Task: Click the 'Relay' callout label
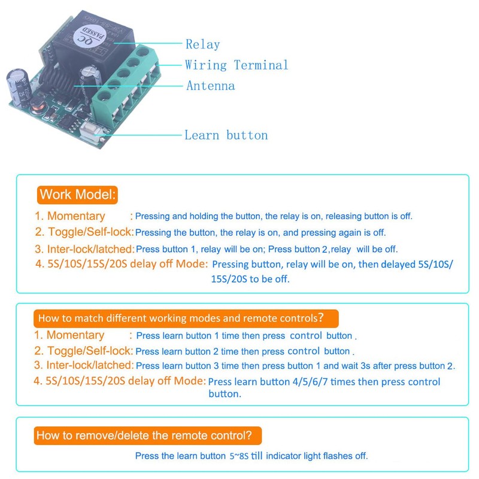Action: click(202, 44)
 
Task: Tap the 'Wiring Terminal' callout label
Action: click(237, 65)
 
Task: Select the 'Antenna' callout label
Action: click(211, 86)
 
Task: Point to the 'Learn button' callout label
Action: click(226, 135)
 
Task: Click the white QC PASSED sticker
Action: click(90, 36)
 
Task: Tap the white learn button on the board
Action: click(90, 131)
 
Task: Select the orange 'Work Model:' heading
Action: click(77, 195)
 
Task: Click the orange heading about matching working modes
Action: click(186, 319)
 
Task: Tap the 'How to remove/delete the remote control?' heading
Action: click(148, 435)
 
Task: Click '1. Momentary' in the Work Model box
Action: click(70, 216)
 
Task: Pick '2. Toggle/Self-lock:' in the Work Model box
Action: click(84, 232)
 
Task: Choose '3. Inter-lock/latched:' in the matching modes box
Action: click(84, 365)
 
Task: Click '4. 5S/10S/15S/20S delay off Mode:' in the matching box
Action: click(120, 381)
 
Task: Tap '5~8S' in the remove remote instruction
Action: click(239, 456)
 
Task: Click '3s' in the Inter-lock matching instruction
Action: click(365, 366)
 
